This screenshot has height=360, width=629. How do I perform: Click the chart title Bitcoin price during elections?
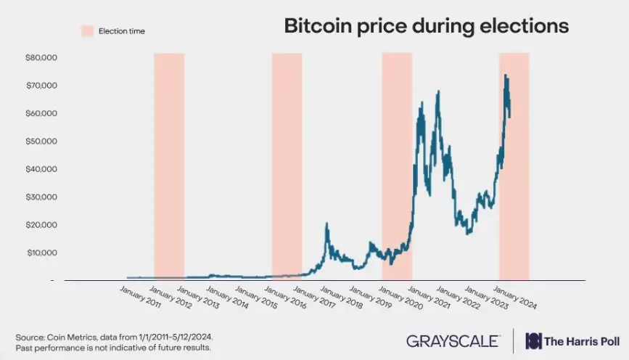point(426,28)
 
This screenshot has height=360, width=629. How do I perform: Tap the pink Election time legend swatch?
point(86,30)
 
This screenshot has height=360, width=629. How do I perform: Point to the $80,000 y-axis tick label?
point(41,57)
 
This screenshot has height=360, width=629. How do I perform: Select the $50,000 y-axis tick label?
point(41,142)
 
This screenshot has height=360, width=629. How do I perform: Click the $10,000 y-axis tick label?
point(41,253)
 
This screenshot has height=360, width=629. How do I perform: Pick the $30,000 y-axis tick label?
point(41,197)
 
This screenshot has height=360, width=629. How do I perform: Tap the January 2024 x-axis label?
point(516,299)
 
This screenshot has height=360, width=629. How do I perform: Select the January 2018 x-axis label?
point(342,299)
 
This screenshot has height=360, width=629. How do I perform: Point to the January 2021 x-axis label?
point(429,299)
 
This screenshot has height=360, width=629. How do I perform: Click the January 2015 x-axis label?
point(256,299)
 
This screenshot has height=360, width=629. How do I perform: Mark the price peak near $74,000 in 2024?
point(506,75)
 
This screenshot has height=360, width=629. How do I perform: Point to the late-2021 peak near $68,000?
point(438,92)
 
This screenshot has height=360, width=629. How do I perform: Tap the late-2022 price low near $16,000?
point(469,233)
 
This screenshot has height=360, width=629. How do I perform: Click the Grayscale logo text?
point(453,340)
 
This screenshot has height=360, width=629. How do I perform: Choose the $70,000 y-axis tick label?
point(41,86)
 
